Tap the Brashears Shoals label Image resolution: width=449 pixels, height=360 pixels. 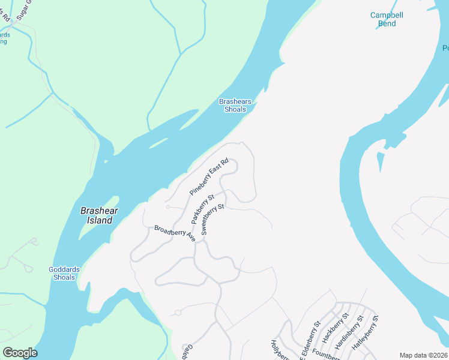[235, 106]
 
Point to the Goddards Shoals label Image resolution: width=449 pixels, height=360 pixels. [64, 274]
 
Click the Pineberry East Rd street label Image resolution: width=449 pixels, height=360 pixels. [209, 177]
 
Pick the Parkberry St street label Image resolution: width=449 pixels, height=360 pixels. [203, 208]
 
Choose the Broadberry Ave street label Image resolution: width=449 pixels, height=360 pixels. [175, 233]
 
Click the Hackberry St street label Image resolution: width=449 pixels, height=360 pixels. [335, 328]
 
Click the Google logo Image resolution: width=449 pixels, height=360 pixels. [20, 353]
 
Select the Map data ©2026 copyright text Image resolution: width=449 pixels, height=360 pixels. [424, 355]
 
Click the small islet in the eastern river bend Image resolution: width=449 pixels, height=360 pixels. [380, 161]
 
